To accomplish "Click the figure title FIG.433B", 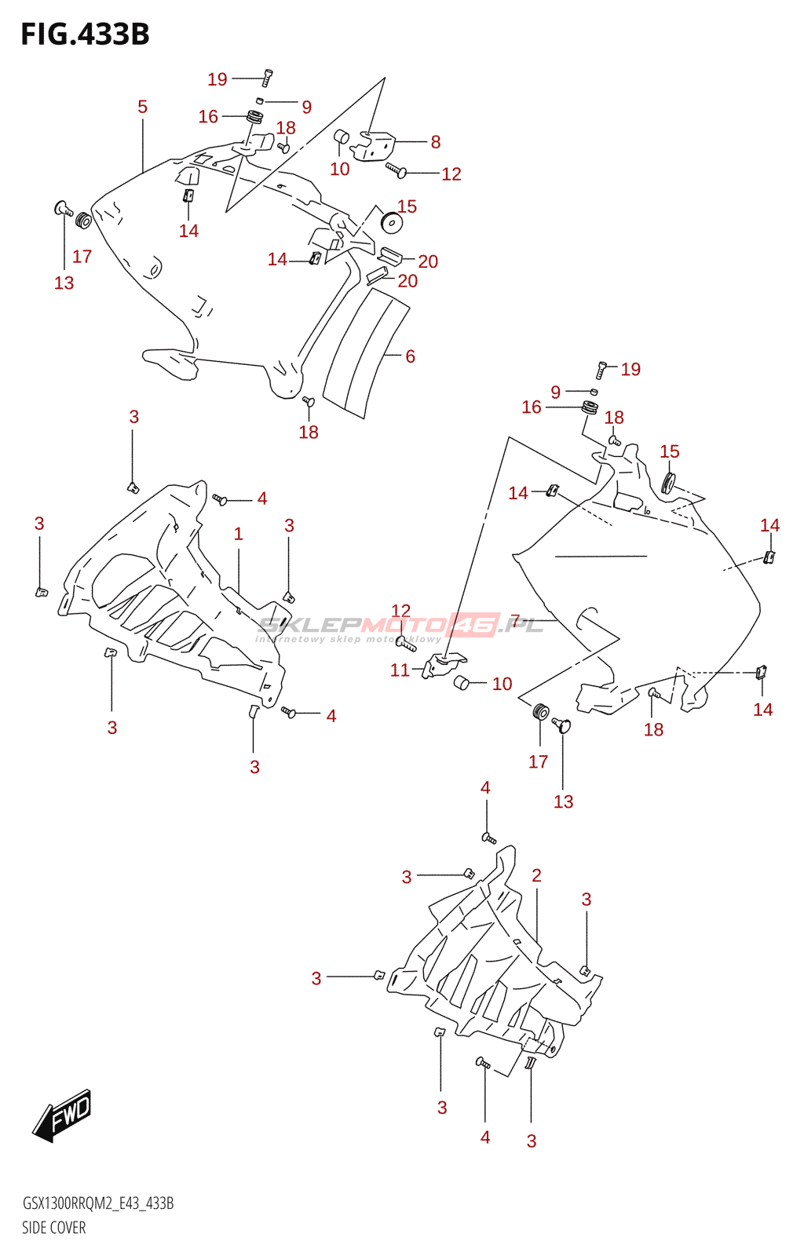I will pyautogui.click(x=85, y=35).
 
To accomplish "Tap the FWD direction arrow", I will pyautogui.click(x=63, y=1115).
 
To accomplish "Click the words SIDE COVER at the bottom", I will pyautogui.click(x=53, y=1228).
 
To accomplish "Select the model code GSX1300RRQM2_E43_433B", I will pyautogui.click(x=98, y=1203).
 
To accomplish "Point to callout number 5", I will pyautogui.click(x=142, y=107).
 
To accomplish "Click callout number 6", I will pyautogui.click(x=410, y=356).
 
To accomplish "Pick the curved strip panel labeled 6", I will pyautogui.click(x=365, y=353).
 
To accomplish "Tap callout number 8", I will pyautogui.click(x=436, y=142).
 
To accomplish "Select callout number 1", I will pyautogui.click(x=239, y=534).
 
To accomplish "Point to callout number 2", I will pyautogui.click(x=536, y=875).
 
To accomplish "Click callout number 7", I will pyautogui.click(x=515, y=621).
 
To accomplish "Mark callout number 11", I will pyautogui.click(x=400, y=670).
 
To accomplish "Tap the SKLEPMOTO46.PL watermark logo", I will pyautogui.click(x=400, y=626).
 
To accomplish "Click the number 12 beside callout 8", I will pyautogui.click(x=451, y=174).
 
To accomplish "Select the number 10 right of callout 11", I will pyautogui.click(x=502, y=684).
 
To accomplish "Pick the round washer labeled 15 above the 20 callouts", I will pyautogui.click(x=391, y=222).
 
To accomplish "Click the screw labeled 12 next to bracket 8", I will pyautogui.click(x=397, y=170).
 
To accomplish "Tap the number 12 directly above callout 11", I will pyautogui.click(x=401, y=611).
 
